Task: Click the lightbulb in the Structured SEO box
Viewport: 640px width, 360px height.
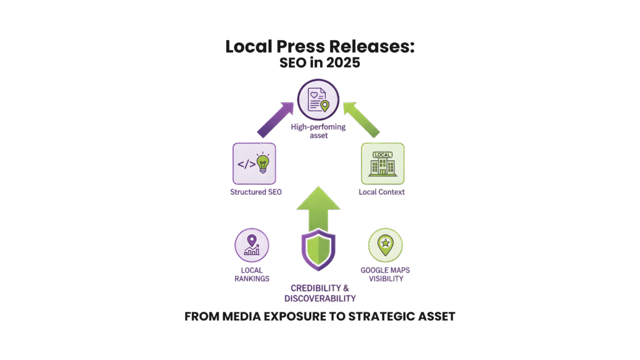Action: tap(263, 164)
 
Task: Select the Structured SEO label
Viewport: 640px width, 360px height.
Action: tap(254, 192)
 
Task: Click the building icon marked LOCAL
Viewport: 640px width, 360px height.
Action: tap(382, 163)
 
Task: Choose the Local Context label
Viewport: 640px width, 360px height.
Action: tap(382, 192)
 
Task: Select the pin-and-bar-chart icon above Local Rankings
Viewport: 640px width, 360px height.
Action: tap(252, 244)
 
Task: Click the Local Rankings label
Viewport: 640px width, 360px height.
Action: tap(252, 274)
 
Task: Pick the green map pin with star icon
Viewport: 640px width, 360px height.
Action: tap(385, 244)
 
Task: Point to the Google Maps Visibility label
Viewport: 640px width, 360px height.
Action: tap(385, 274)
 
